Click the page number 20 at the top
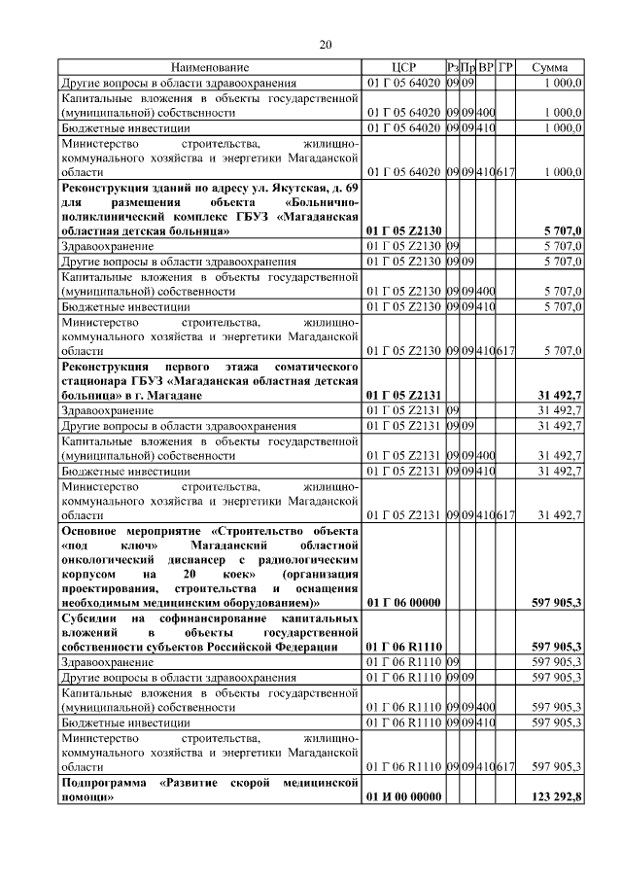click(326, 44)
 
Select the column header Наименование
click(211, 67)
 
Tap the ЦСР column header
click(403, 67)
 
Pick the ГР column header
click(505, 67)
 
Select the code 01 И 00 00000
click(403, 797)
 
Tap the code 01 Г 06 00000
click(403, 603)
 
